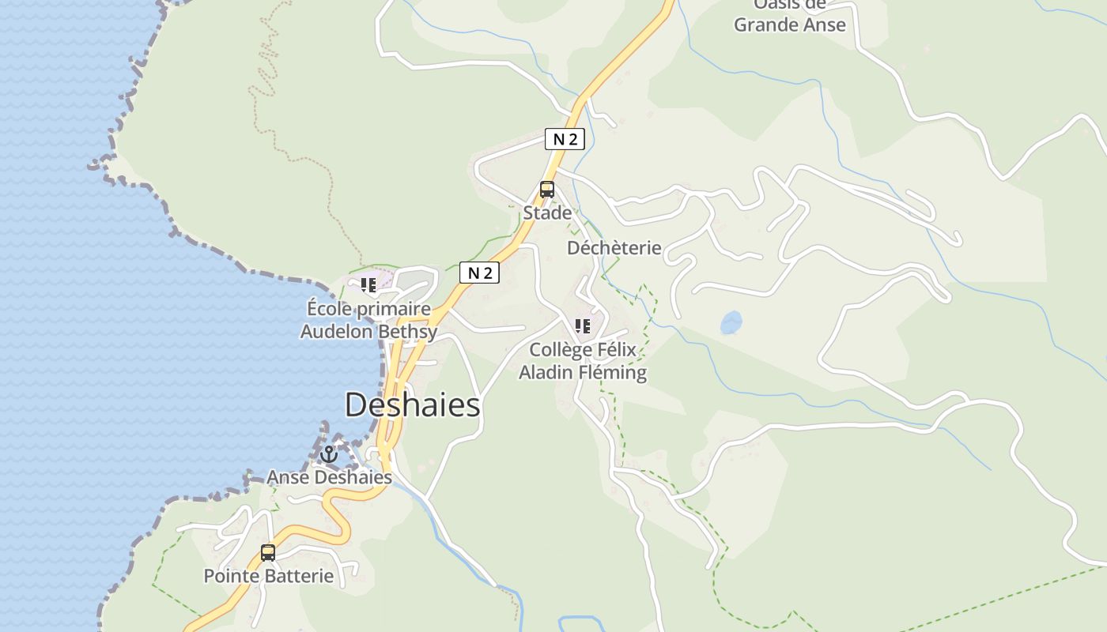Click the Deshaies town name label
click(413, 405)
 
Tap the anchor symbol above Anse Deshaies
click(328, 454)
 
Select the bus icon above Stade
click(546, 190)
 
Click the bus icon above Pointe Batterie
click(268, 553)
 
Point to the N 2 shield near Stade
click(565, 140)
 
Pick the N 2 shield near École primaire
click(480, 273)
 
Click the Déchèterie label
click(614, 248)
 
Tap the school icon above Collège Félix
click(583, 326)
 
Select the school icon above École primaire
click(368, 284)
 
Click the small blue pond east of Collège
click(731, 322)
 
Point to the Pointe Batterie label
click(269, 576)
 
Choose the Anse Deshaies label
click(329, 477)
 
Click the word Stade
click(547, 213)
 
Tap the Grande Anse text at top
click(789, 24)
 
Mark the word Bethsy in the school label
click(407, 332)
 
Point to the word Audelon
click(335, 332)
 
